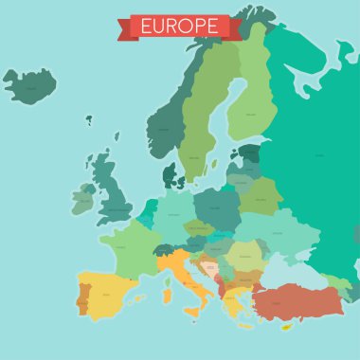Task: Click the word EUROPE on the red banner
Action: click(x=179, y=26)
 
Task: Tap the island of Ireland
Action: click(x=84, y=199)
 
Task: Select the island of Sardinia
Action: click(x=167, y=297)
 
